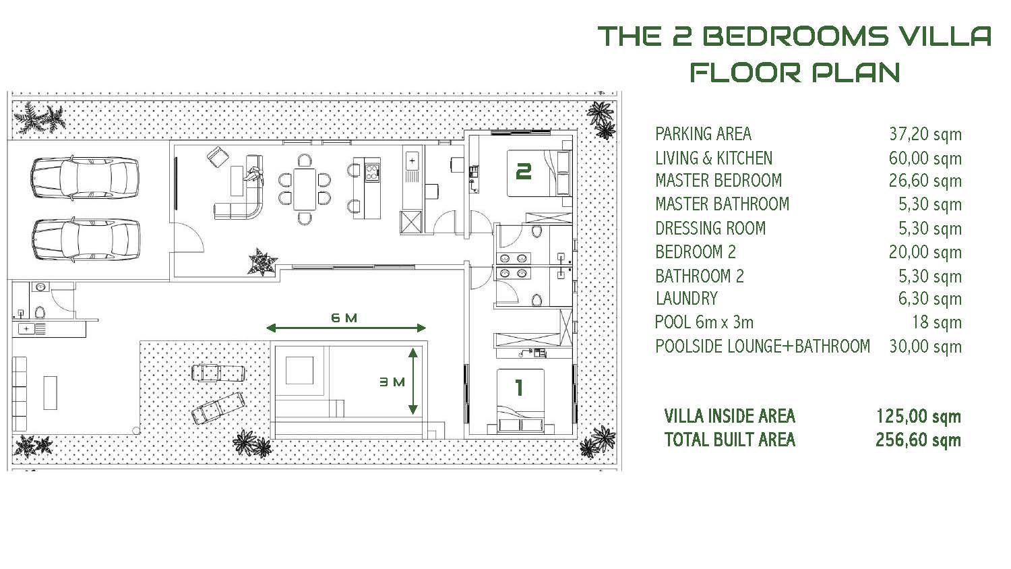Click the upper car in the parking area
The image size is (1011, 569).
(x=86, y=177)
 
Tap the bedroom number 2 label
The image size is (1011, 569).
(x=523, y=172)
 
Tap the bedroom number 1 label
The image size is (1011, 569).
(x=519, y=388)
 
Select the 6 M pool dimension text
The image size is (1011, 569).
(x=344, y=318)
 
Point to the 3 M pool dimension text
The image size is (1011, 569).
(x=392, y=382)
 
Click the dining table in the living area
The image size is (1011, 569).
(x=305, y=189)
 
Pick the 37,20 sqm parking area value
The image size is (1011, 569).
(x=925, y=134)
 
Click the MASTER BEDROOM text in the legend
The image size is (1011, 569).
(x=718, y=180)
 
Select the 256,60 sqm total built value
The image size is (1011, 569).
(x=918, y=440)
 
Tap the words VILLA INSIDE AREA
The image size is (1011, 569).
(x=729, y=416)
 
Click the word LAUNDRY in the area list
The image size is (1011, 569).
(x=686, y=299)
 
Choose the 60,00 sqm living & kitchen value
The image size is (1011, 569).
(x=925, y=158)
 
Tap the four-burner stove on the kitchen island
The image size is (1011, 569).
(x=372, y=172)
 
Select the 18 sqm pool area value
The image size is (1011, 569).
(x=937, y=322)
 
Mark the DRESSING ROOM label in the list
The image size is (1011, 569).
(x=710, y=228)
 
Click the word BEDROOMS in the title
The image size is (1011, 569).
(x=795, y=36)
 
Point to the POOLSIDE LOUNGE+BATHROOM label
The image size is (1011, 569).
(x=762, y=347)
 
